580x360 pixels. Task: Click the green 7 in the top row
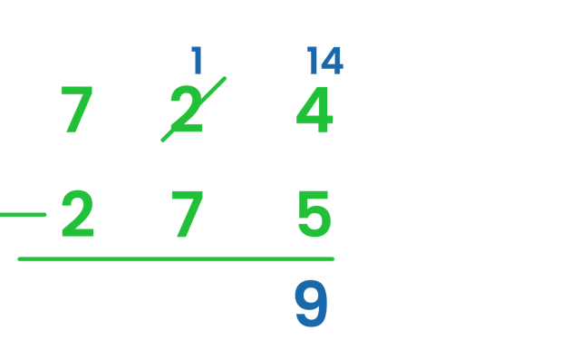coord(76,110)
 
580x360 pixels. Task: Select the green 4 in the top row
coord(314,111)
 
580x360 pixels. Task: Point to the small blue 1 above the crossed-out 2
coord(197,61)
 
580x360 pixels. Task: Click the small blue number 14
coord(324,61)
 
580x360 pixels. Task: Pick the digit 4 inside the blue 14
coord(332,61)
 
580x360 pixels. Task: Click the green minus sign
coord(23,215)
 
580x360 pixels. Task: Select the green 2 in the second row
coord(78,215)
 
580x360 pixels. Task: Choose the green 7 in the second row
coord(187,215)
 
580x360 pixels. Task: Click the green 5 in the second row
coord(314,215)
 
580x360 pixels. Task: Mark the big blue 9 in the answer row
coord(311,305)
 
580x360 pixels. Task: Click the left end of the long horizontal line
coord(20,259)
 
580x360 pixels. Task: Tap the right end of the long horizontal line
coord(333,259)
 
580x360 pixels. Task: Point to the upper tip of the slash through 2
coord(225,79)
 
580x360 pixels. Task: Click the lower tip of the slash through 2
coord(163,141)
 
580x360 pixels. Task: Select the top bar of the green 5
coord(316,193)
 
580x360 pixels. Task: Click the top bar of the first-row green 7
coord(76,89)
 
